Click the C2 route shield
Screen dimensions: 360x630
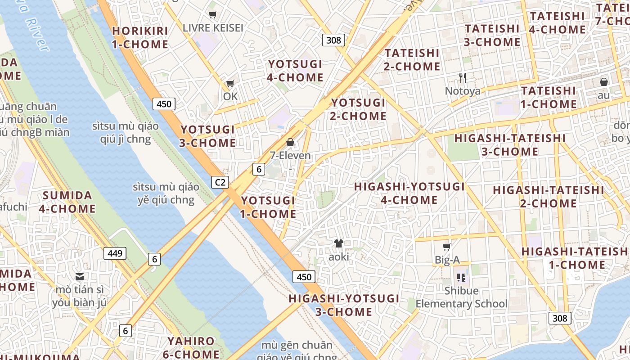pyautogui.click(x=220, y=182)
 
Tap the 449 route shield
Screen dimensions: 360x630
pyautogui.click(x=115, y=253)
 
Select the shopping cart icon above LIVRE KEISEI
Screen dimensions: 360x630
pyautogui.click(x=212, y=15)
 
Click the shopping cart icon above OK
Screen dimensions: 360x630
pyautogui.click(x=230, y=84)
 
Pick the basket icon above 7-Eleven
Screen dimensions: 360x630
pyautogui.click(x=290, y=143)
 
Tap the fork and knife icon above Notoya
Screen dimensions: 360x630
pyautogui.click(x=462, y=77)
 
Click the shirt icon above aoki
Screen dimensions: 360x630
pyautogui.click(x=338, y=243)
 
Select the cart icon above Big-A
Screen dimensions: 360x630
pyautogui.click(x=446, y=247)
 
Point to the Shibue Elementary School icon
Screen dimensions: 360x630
pyautogui.click(x=461, y=277)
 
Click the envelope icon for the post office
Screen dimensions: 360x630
pyautogui.click(x=80, y=276)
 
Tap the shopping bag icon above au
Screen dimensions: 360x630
pyautogui.click(x=603, y=82)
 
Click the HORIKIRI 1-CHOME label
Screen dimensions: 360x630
pyautogui.click(x=140, y=37)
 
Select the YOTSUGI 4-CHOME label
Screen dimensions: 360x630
pyautogui.click(x=295, y=71)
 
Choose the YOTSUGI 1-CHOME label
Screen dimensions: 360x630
pyautogui.click(x=268, y=207)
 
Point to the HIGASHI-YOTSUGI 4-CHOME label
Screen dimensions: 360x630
pyautogui.click(x=409, y=193)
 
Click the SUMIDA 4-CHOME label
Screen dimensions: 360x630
pyautogui.click(x=67, y=202)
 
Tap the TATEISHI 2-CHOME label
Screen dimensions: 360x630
pyautogui.click(x=412, y=59)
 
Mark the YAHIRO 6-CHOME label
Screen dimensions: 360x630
pyautogui.click(x=191, y=347)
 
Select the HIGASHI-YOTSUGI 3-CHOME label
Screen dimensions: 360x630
pyautogui.click(x=344, y=305)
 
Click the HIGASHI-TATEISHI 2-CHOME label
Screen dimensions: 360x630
pyautogui.click(x=548, y=197)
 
